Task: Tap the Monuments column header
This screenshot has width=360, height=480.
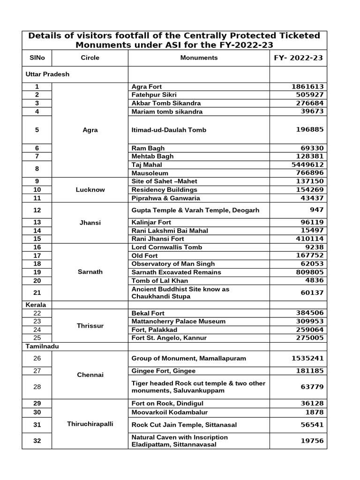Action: click(x=199, y=58)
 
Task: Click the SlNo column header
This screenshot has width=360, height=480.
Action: click(x=37, y=58)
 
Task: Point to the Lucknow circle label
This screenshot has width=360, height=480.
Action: click(x=90, y=190)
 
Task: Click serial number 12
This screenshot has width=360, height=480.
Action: click(x=37, y=210)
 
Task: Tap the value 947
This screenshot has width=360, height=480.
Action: click(x=316, y=210)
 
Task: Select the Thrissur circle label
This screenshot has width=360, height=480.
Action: click(x=90, y=325)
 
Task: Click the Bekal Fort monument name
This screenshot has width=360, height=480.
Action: click(x=148, y=313)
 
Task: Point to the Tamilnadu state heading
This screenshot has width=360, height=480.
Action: click(x=41, y=346)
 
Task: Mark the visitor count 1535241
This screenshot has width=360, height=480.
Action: click(x=307, y=358)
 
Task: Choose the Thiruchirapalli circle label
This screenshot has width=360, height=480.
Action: click(x=90, y=424)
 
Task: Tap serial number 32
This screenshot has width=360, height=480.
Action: click(x=37, y=441)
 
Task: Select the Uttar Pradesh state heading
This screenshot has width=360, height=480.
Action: click(x=47, y=74)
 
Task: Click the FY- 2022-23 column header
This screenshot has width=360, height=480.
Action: click(x=298, y=58)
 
